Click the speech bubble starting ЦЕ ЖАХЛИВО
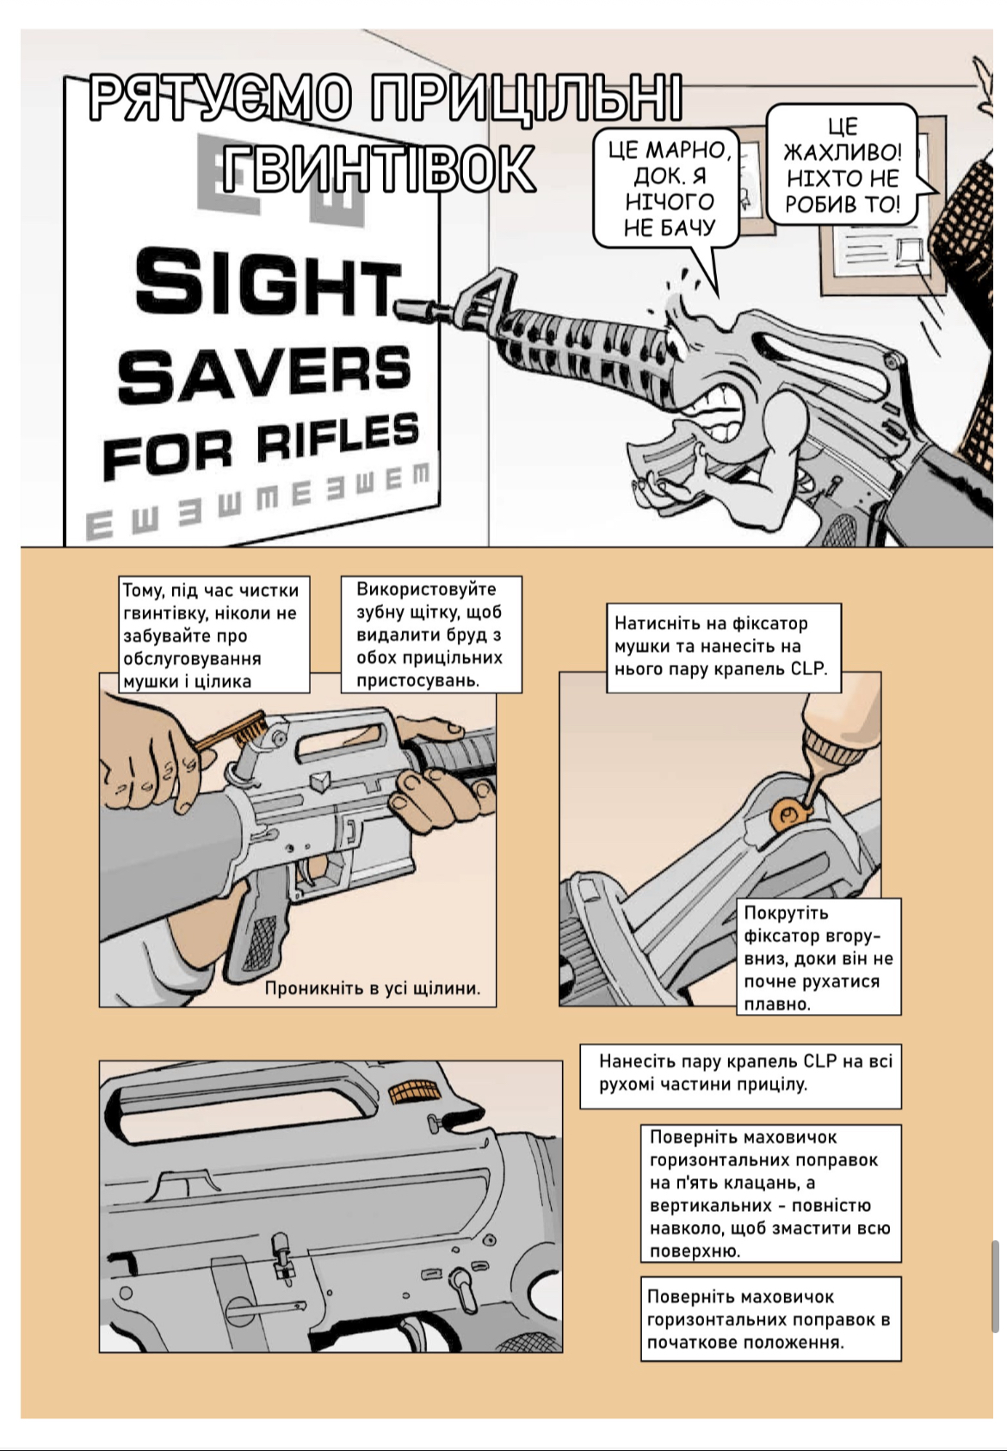[x=843, y=166]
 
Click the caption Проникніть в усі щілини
[x=372, y=988]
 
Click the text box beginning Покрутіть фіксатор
[x=818, y=957]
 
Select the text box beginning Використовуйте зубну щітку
[x=430, y=635]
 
